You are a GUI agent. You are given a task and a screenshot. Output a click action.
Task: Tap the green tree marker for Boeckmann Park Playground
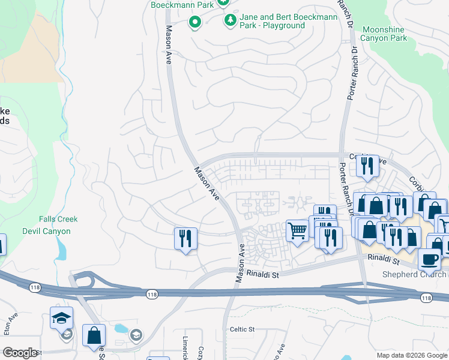pos(230,20)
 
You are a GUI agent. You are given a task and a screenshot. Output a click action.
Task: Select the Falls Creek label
pos(55,220)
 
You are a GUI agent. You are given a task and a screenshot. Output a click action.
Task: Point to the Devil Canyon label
pos(46,231)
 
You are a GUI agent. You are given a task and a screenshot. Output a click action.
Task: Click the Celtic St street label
pos(243,329)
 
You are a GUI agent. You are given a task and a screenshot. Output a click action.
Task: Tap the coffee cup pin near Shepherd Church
pos(429,260)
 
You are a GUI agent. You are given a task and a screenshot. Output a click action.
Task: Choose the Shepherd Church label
pos(415,275)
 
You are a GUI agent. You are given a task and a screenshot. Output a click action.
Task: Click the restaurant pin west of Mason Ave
pos(185,239)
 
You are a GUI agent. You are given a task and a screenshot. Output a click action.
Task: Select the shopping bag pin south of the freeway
pos(94,336)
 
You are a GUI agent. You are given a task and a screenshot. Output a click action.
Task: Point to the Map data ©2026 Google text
pos(412,355)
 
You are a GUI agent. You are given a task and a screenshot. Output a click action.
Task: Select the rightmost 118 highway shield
pos(426,298)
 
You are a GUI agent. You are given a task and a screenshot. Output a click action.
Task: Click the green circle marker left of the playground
pos(194,23)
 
